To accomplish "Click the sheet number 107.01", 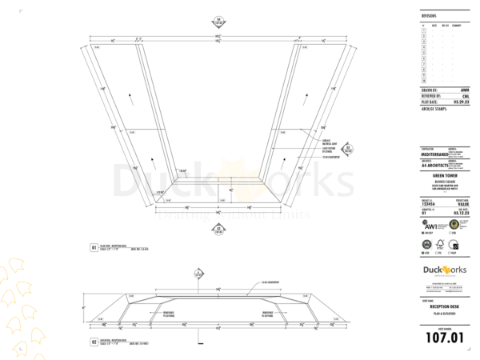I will pyautogui.click(x=444, y=337).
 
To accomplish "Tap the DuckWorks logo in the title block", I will pyautogui.click(x=444, y=270).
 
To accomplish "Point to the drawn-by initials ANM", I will pyautogui.click(x=464, y=90).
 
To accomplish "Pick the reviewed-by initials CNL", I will pyautogui.click(x=464, y=96).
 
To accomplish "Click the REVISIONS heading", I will pyautogui.click(x=429, y=15).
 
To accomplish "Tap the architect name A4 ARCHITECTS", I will pyautogui.click(x=436, y=163).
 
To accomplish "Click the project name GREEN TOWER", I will pyautogui.click(x=444, y=178).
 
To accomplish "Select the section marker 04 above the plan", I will pyautogui.click(x=217, y=22).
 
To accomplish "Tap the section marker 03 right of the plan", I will pyautogui.click(x=348, y=148).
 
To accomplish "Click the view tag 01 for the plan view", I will pyautogui.click(x=94, y=249).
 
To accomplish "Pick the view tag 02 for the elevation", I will pyautogui.click(x=94, y=342).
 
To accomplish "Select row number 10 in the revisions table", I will pyautogui.click(x=423, y=82).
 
